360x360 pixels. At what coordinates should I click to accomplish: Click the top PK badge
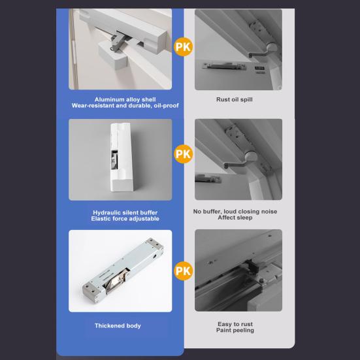tap(183, 47)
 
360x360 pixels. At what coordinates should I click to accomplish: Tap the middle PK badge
tap(183, 154)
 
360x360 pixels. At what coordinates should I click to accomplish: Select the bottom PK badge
tap(183, 271)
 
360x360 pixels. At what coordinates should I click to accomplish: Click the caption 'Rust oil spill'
tap(235, 99)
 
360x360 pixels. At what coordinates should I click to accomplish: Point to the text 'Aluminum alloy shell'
tap(125, 99)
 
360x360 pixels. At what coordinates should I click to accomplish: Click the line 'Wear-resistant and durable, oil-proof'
tap(125, 106)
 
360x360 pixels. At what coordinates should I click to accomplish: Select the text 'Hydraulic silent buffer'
tap(125, 212)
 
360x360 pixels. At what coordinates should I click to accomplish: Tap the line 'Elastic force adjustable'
tap(125, 219)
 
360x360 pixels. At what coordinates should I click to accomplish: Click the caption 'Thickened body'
tap(118, 325)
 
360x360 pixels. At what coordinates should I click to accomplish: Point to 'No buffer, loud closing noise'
tap(235, 212)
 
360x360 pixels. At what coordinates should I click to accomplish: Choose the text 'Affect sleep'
tap(235, 218)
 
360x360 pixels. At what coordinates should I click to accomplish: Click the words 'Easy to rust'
tap(235, 324)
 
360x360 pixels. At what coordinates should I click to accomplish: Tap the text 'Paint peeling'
tap(235, 330)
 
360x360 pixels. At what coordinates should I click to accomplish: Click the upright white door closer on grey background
tap(122, 157)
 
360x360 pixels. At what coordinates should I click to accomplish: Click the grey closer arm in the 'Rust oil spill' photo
tap(259, 54)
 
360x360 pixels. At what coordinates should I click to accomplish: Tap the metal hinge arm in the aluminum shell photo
tap(117, 42)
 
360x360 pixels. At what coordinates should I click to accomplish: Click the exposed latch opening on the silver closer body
tap(116, 281)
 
